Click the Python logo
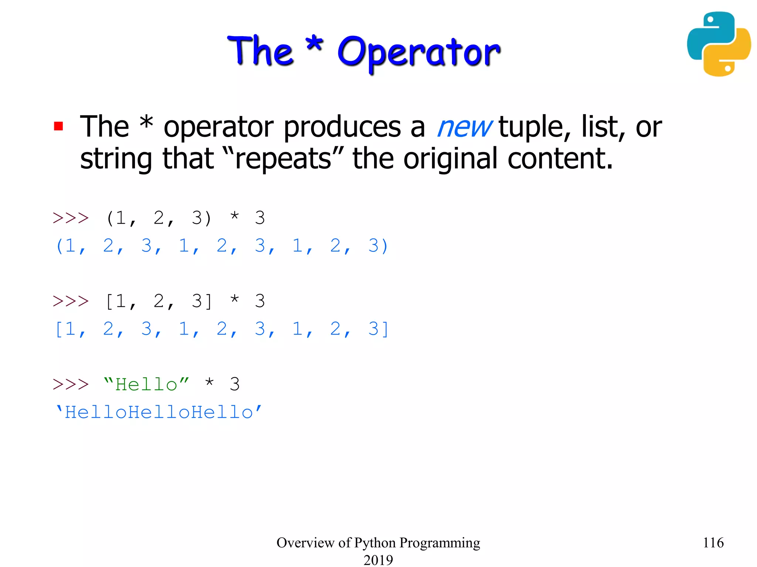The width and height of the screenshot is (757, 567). [719, 44]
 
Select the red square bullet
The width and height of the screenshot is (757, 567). [58, 126]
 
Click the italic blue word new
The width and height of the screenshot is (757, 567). [464, 127]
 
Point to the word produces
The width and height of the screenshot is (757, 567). [342, 127]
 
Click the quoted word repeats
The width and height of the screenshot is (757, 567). [284, 159]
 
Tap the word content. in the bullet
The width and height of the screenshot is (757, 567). [560, 159]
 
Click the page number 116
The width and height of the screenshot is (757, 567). [713, 543]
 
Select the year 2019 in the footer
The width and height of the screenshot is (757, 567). [378, 560]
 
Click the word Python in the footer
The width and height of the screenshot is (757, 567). [375, 543]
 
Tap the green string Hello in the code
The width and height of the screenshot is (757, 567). [146, 385]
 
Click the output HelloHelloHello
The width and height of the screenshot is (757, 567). [159, 412]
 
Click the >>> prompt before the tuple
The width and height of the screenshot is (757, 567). [71, 218]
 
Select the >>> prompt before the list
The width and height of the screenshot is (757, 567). [71, 301]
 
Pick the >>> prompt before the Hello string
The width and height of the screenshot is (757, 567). [71, 384]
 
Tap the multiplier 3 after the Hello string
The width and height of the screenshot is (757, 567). [235, 384]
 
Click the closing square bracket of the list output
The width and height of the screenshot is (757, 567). [385, 329]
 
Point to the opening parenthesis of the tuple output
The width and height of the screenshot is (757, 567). [59, 246]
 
